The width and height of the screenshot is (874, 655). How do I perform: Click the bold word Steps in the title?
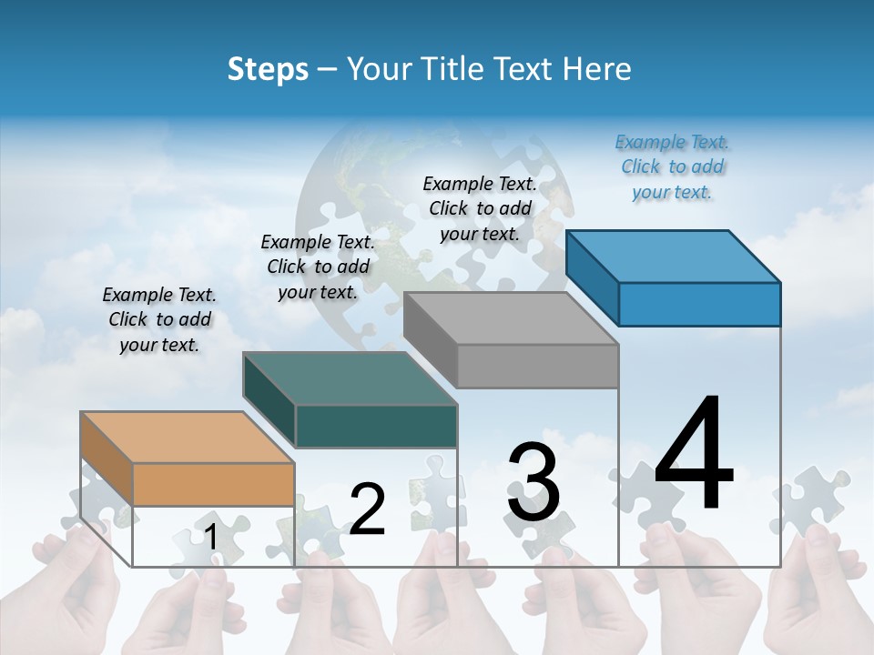268,69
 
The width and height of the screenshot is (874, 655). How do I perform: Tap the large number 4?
694,454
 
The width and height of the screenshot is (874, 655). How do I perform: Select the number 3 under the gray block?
534,482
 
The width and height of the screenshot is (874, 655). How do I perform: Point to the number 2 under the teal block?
367,509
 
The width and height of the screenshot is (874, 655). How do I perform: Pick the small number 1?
210,537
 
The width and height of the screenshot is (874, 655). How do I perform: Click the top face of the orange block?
188,438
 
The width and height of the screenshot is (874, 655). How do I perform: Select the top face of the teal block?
350,378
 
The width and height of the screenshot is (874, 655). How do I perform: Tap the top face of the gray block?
511,318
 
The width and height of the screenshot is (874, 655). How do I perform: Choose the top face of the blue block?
674,257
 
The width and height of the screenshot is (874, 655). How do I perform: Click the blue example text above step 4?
673,166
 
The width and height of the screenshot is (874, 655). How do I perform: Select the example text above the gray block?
480,208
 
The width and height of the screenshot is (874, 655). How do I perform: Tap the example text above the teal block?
318,267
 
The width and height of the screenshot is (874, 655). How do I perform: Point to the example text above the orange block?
159,319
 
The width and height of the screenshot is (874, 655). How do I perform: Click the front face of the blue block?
699,304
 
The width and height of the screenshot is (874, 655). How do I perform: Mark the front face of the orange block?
214,484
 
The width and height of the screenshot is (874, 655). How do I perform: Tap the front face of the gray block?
537,366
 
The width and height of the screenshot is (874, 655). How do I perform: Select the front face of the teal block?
376,426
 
